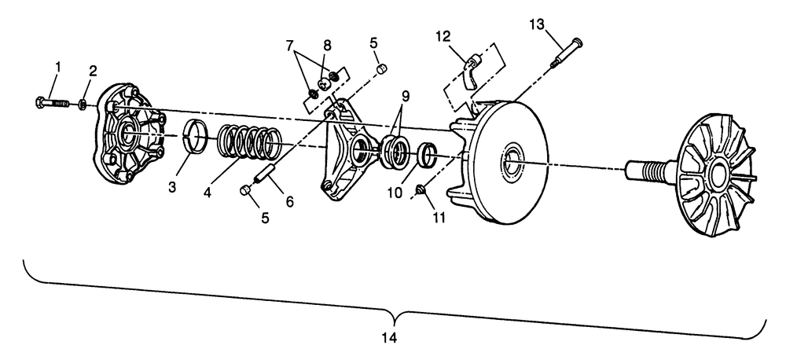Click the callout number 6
289,202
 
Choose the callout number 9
406,97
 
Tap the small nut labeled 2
82,104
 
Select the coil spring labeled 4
248,143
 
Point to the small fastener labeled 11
422,189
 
